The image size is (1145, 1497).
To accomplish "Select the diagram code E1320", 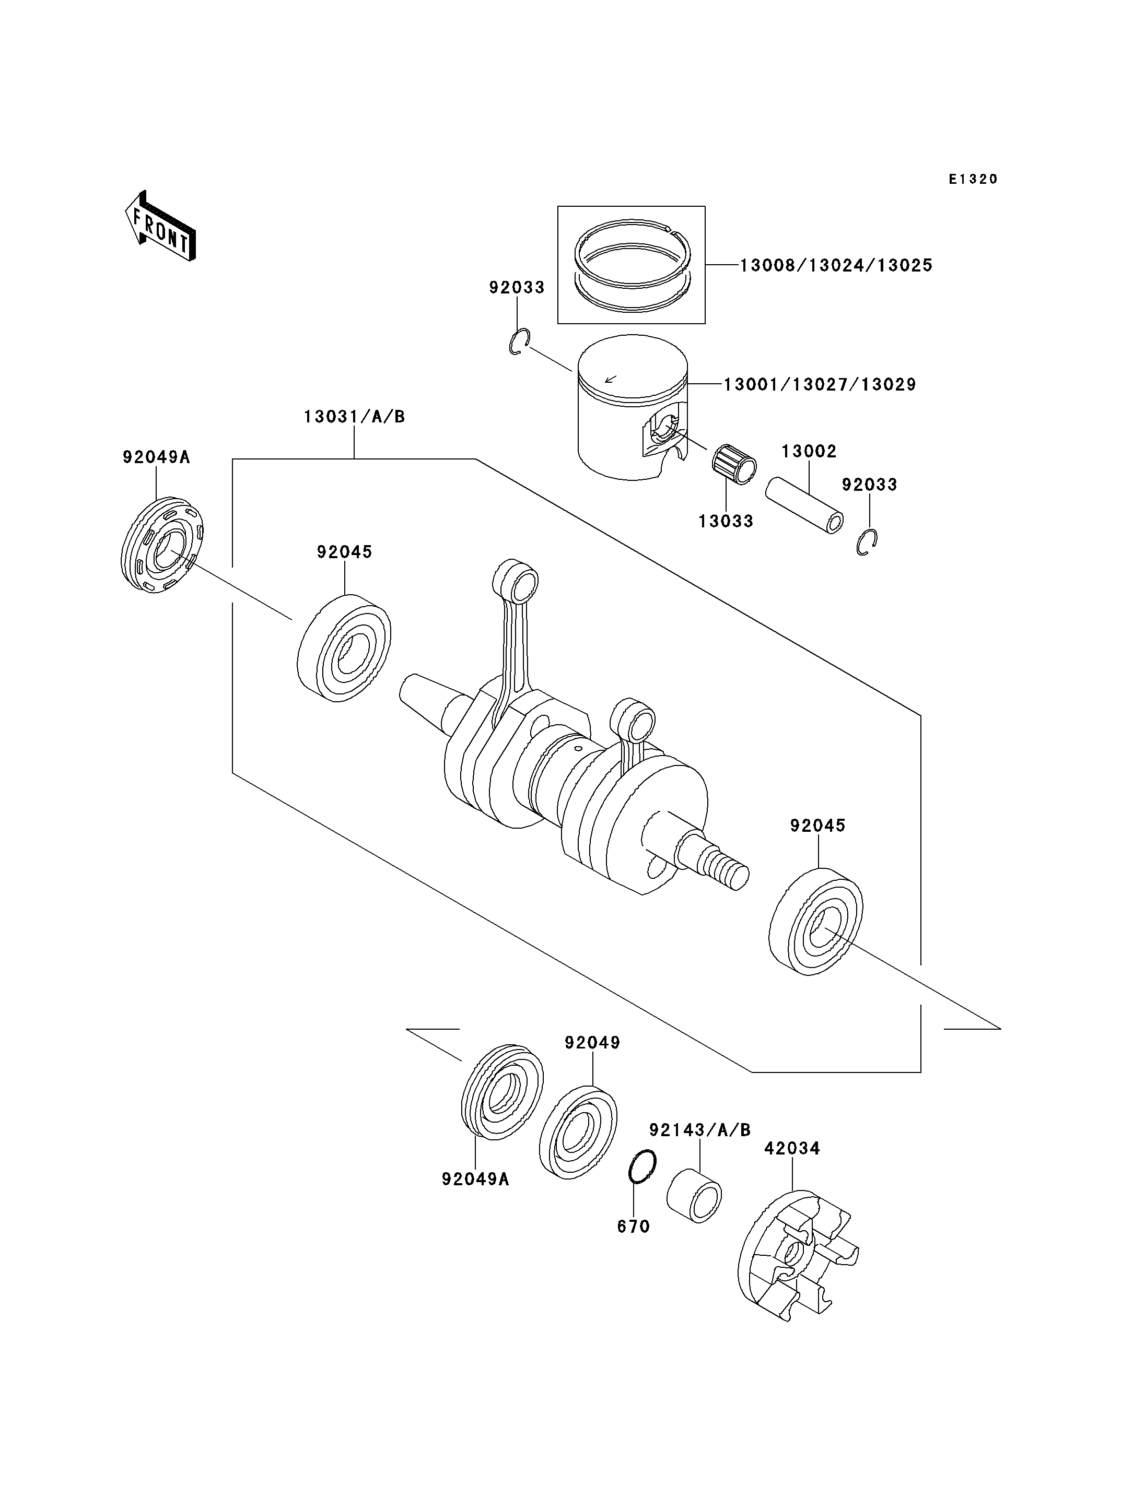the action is tap(973, 179).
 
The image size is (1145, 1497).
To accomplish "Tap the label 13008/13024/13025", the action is tap(836, 265).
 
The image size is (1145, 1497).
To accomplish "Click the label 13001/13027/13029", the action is tap(820, 384).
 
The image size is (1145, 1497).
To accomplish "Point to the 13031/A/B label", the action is tap(354, 416).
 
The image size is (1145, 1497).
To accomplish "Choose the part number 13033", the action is tap(726, 521).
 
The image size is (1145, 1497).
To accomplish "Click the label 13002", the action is tap(809, 451).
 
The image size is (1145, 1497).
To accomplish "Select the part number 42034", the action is tap(792, 1148).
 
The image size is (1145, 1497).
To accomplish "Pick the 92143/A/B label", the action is tap(700, 1130).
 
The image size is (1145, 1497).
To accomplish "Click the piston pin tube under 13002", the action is tap(804, 505).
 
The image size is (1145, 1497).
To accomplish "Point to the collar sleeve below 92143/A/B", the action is tap(694, 1196).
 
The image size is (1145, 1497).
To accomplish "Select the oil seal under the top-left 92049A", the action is tap(162, 545).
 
